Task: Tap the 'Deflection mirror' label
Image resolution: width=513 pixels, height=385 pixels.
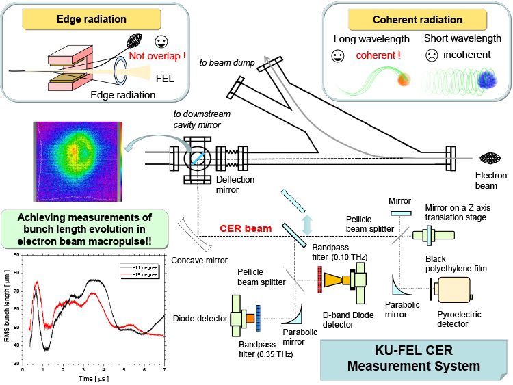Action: pyautogui.click(x=235, y=185)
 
